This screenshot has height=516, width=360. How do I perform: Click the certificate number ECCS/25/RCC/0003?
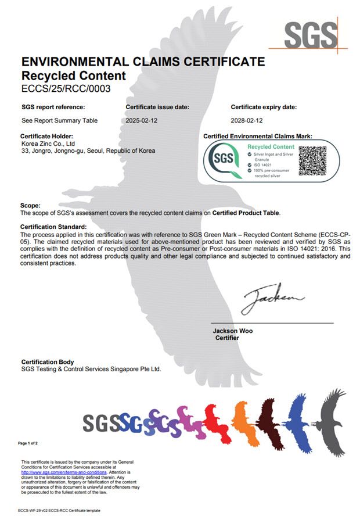(66, 89)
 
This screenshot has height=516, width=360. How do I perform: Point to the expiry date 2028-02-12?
(247, 120)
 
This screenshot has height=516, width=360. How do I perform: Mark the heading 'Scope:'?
(31, 206)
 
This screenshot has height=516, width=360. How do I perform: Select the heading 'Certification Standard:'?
(53, 226)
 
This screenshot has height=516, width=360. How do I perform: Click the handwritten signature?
(272, 299)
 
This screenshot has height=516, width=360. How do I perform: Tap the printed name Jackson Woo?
(233, 331)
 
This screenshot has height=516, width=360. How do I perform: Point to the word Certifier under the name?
(227, 338)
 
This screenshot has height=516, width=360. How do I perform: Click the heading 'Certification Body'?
(48, 362)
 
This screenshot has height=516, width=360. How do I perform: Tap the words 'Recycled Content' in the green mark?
(271, 147)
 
